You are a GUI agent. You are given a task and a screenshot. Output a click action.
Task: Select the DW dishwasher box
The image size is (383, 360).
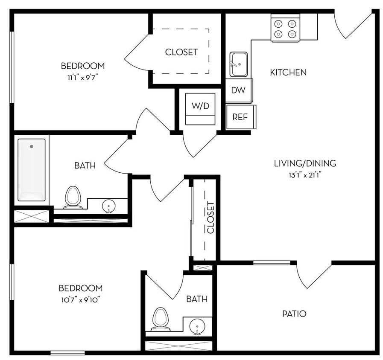point(238,90)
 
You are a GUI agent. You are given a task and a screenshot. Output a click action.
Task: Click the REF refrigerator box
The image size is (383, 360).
point(240,117)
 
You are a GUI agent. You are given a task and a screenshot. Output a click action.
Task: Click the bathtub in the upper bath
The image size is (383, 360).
point(31,169)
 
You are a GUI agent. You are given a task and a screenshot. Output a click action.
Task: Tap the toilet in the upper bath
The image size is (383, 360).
point(73,197)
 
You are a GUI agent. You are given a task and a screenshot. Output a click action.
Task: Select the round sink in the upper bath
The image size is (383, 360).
point(108,207)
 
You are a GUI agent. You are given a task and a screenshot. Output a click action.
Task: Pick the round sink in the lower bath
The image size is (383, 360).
point(197,326)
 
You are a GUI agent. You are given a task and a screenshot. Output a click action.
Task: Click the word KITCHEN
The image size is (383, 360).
point(288,73)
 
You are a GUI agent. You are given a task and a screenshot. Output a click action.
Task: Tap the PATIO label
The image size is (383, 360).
point(294,314)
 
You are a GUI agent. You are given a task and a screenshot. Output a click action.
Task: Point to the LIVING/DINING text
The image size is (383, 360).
point(305,163)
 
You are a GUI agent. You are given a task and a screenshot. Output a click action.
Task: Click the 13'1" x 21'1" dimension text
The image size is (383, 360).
point(305,174)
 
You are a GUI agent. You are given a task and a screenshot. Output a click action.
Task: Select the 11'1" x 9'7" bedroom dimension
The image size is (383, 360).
point(82,77)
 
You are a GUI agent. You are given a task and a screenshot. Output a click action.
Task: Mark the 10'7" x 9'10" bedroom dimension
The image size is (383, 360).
point(80,299)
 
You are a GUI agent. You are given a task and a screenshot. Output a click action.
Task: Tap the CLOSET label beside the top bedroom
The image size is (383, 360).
point(181,52)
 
